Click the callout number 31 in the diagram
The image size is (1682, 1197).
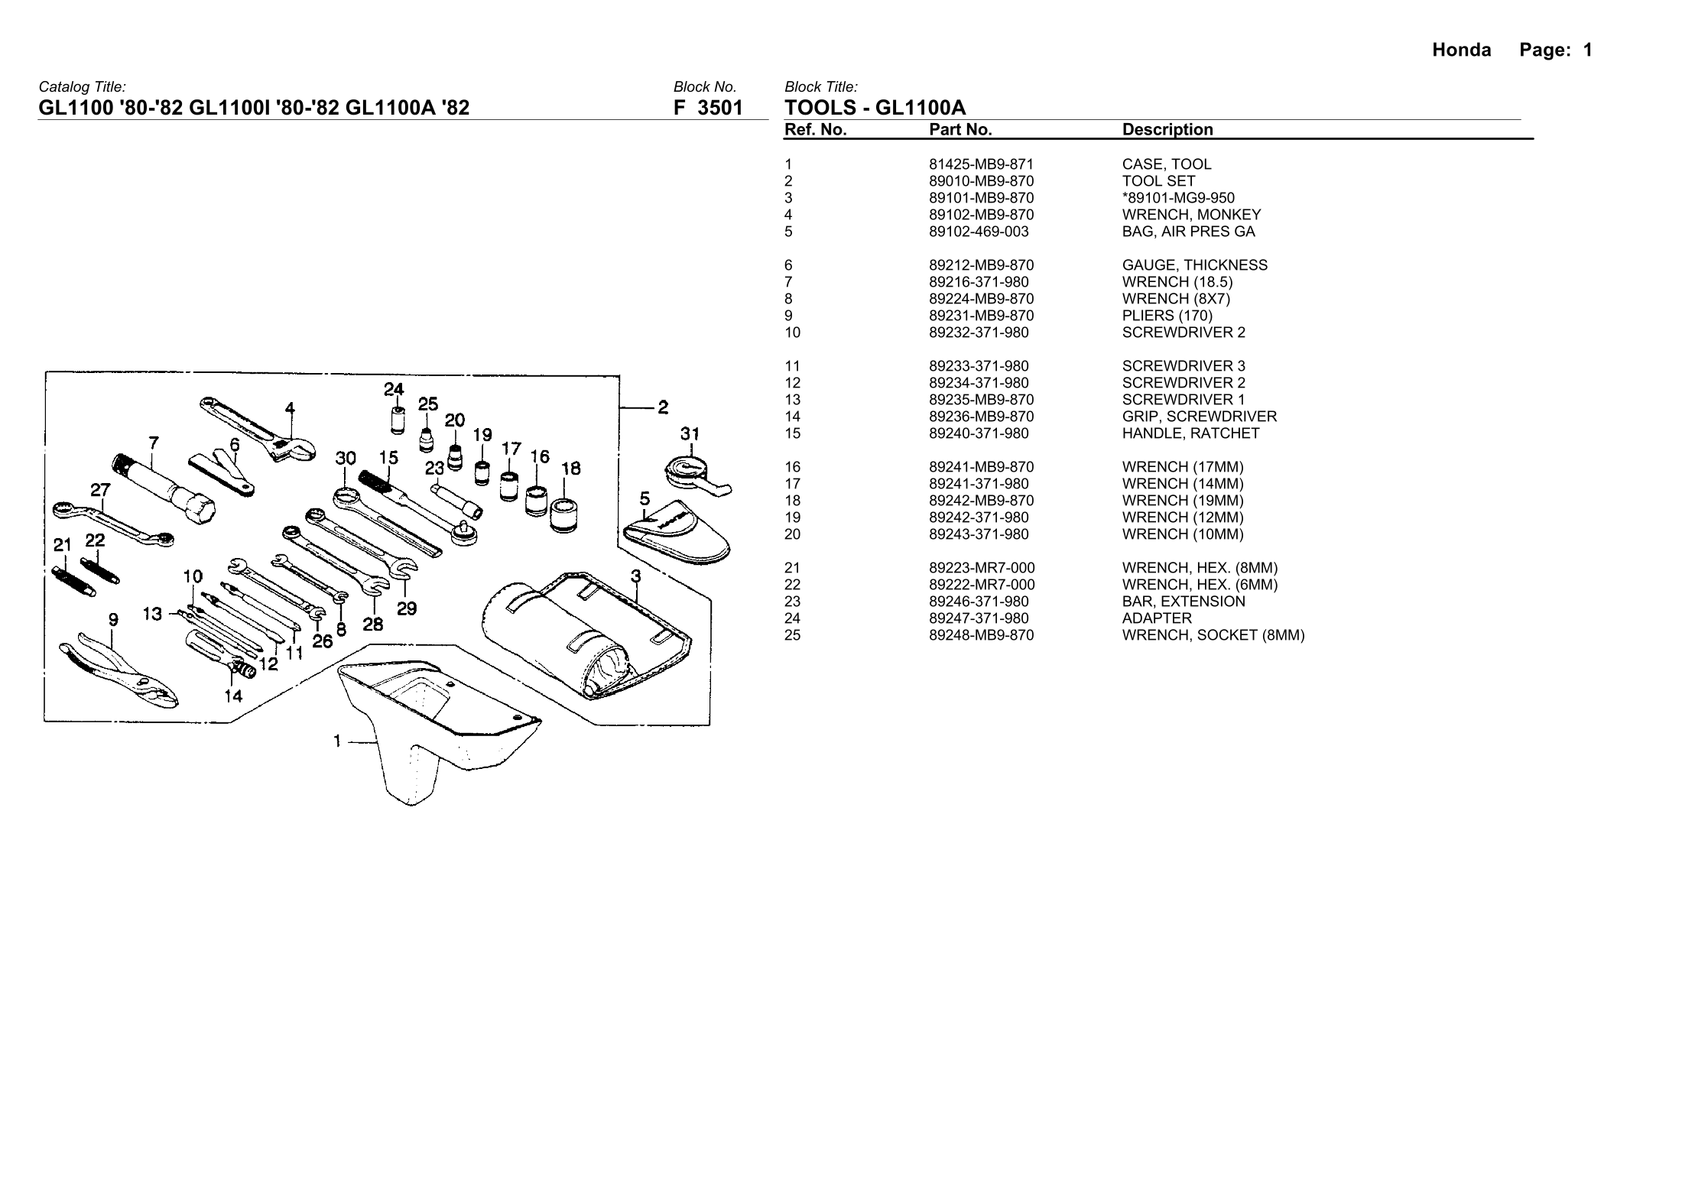tap(690, 434)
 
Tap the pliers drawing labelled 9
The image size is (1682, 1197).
tap(122, 668)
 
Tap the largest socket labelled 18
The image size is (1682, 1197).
tap(565, 516)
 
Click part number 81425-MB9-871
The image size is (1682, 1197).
tap(981, 164)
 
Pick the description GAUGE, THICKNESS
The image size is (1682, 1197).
tap(1194, 265)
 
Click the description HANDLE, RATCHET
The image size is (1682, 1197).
tap(1190, 433)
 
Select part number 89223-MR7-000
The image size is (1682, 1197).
tap(982, 568)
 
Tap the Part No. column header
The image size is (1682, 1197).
tap(960, 130)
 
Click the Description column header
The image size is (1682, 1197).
tap(1167, 130)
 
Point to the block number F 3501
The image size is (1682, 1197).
tap(708, 109)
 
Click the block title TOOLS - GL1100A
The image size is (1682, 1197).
tap(875, 109)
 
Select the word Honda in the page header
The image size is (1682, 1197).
tap(1461, 50)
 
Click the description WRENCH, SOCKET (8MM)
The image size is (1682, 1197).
tap(1213, 635)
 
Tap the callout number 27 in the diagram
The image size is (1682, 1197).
tap(100, 489)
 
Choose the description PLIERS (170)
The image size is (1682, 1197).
tap(1167, 316)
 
